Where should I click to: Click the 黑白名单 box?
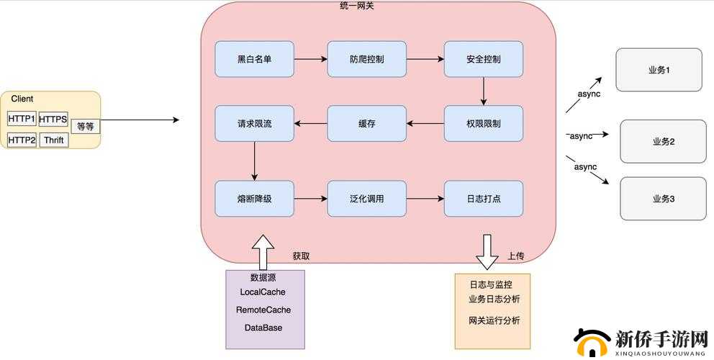(x=254, y=59)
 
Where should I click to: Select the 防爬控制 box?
(x=366, y=59)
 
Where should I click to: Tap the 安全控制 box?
(x=483, y=59)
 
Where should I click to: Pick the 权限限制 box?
(x=483, y=123)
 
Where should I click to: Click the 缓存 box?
(x=366, y=123)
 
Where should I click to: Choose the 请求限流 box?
(x=254, y=123)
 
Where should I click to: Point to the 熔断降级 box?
(x=254, y=198)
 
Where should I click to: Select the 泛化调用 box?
(x=366, y=198)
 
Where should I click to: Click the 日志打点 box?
(x=483, y=198)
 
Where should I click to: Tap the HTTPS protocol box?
(x=53, y=119)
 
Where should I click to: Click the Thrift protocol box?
(x=54, y=140)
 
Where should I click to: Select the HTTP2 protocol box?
(x=22, y=140)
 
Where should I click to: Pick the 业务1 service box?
(x=659, y=70)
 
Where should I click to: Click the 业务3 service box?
(x=663, y=199)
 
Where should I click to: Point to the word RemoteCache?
(x=263, y=310)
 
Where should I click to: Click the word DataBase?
(x=263, y=328)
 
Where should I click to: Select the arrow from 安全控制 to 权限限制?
(x=483, y=91)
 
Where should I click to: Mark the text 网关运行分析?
(x=494, y=320)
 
